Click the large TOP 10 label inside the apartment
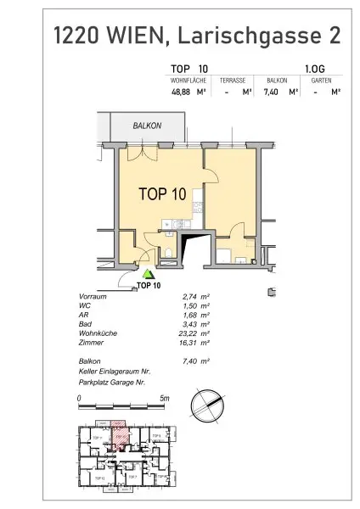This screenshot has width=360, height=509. tap(161, 193)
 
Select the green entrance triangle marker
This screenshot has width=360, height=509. tap(149, 274)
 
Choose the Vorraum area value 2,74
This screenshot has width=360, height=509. tap(178, 296)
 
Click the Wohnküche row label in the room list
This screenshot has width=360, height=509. tap(94, 333)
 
